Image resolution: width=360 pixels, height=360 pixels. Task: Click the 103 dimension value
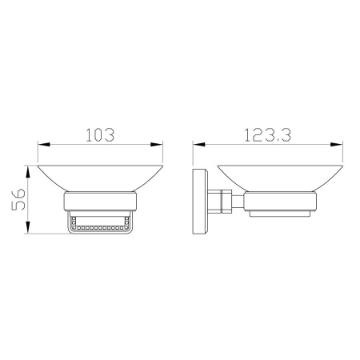point(100,135)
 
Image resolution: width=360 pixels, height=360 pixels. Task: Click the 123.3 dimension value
point(267,135)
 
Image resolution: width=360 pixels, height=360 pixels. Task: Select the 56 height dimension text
point(18,200)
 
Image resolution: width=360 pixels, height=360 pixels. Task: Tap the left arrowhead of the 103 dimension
point(44,145)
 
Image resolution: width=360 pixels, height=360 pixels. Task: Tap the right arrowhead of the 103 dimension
point(157,145)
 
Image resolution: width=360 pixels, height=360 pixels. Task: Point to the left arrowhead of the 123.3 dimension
point(199,145)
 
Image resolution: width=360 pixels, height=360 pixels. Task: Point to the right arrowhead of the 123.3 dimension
point(337,145)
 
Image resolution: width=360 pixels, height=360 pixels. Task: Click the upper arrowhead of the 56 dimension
point(28,172)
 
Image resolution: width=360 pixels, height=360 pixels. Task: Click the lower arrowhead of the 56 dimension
point(28,227)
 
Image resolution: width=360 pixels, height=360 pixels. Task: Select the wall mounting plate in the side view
point(200,202)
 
